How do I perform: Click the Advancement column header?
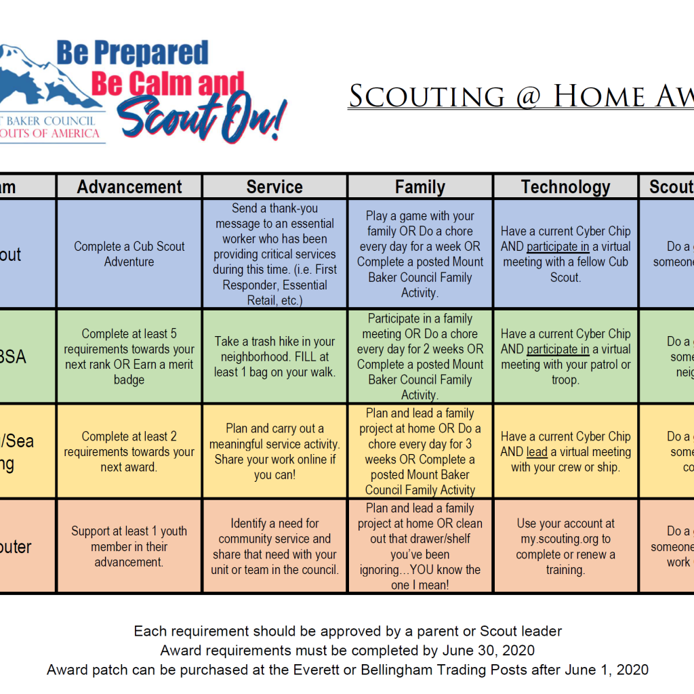pyautogui.click(x=129, y=187)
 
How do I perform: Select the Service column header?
pyautogui.click(x=274, y=187)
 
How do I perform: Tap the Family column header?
pyautogui.click(x=420, y=187)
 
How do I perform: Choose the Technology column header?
pyautogui.click(x=565, y=187)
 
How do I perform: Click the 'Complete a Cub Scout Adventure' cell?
pyautogui.click(x=129, y=253)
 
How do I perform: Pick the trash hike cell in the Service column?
pyautogui.click(x=274, y=356)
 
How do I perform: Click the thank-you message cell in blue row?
pyautogui.click(x=274, y=253)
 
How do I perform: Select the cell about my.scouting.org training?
pyautogui.click(x=565, y=546)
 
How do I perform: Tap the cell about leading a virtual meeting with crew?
pyautogui.click(x=565, y=451)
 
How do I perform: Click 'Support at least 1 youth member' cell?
pyautogui.click(x=129, y=546)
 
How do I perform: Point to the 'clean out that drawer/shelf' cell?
pyautogui.click(x=420, y=546)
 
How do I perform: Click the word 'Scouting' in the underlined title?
pyautogui.click(x=427, y=96)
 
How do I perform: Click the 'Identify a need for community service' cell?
pyautogui.click(x=274, y=546)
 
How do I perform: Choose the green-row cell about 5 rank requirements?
pyautogui.click(x=129, y=356)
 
